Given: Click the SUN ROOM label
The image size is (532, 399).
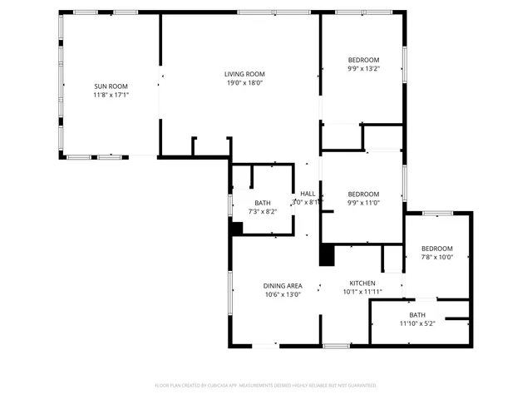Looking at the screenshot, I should pos(111,86).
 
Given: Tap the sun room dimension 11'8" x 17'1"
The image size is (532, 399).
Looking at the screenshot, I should pos(111,95).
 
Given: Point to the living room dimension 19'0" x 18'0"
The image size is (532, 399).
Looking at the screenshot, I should pos(244,82).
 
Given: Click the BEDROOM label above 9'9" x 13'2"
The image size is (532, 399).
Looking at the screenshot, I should pos(363,60).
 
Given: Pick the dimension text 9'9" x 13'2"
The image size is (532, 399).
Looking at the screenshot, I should pos(363,69).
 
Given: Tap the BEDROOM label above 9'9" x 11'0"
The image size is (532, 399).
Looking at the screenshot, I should pos(363,195).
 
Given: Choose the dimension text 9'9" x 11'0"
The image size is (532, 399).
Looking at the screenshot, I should pos(363,203).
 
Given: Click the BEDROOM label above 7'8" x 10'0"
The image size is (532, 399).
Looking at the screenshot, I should pos(436,249).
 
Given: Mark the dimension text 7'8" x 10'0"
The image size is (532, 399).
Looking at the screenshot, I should pos(436,258).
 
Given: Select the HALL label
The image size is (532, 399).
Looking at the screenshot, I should pos(308,194).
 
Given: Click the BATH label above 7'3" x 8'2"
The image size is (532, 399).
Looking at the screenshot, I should pos(263,203).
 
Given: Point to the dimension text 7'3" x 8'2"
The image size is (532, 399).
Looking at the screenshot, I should pos(263,211).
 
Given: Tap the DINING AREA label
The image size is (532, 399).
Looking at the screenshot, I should pos(283,284).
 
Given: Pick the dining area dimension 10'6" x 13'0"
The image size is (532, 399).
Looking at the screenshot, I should pos(283,293).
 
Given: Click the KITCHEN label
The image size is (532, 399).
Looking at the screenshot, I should pos(362,283).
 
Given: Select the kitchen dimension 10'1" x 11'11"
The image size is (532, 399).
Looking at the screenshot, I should pos(362,292).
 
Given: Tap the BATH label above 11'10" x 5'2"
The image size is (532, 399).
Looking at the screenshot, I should pos(417,314).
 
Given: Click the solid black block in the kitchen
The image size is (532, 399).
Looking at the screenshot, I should pos(327,254).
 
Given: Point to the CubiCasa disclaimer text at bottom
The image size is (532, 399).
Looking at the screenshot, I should pos(266,386).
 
